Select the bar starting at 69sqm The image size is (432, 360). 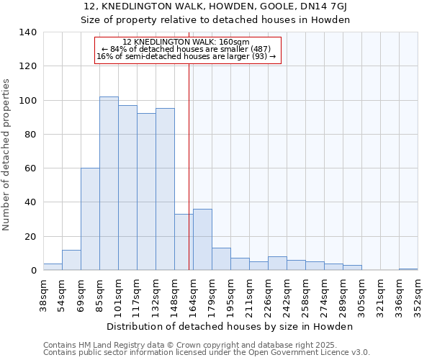click(90, 219)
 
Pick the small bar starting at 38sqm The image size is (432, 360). click(53, 267)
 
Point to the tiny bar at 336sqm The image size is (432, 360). click(408, 269)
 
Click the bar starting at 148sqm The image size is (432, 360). click(184, 242)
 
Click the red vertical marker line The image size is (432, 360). click(189, 158)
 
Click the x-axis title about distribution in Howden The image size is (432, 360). click(234, 326)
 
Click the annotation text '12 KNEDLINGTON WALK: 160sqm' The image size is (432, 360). click(186, 42)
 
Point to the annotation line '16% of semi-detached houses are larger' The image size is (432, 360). click(186, 56)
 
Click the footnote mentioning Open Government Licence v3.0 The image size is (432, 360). click(206, 352)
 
